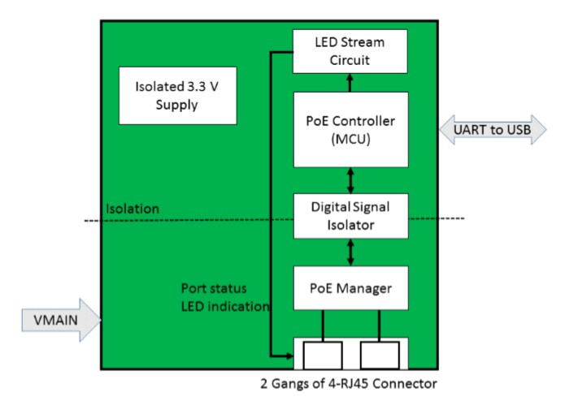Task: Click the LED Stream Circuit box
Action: pos(350,50)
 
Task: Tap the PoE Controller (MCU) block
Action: pos(350,129)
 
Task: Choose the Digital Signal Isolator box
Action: pos(350,216)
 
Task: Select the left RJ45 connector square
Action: pos(322,354)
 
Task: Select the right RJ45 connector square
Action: pos(380,354)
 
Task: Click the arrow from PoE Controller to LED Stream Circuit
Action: pos(350,82)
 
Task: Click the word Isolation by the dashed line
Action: pos(133,209)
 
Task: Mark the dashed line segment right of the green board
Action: pos(450,218)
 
